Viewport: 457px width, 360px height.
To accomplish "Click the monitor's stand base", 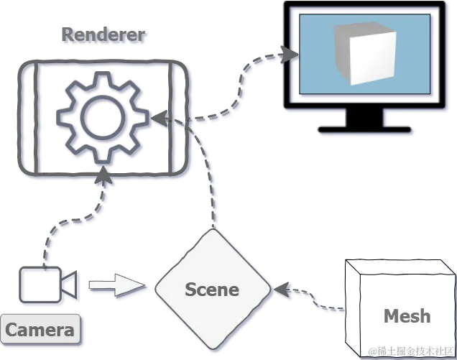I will point(366,132).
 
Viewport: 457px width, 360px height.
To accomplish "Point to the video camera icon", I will point(49,286).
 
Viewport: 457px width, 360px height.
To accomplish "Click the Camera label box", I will point(40,330).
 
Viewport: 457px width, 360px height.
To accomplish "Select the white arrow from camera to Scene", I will point(119,285).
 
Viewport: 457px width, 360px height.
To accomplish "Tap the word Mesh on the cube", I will point(407,315).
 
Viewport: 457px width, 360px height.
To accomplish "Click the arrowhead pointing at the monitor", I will point(290,55).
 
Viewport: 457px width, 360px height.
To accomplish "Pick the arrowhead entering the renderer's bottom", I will point(106,173).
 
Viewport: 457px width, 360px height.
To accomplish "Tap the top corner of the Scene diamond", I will point(213,232).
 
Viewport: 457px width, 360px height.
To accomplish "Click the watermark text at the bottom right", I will point(411,351).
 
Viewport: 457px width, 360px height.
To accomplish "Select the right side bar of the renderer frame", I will point(181,119).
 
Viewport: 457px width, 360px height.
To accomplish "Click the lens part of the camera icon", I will point(70,286).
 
